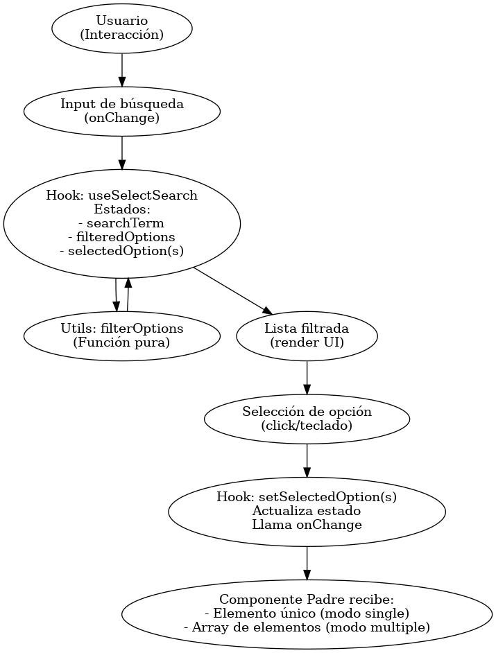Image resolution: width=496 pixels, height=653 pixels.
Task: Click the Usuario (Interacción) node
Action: point(121,28)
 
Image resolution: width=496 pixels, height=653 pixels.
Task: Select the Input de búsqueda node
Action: point(121,111)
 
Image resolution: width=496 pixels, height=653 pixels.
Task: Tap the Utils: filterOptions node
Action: point(121,335)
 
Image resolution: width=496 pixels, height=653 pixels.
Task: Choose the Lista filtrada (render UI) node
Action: point(307,335)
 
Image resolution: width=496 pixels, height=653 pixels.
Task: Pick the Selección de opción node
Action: point(307,419)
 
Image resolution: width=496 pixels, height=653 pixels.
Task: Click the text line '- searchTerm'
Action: point(121,223)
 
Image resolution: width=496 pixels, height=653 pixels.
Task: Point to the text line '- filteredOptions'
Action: point(121,237)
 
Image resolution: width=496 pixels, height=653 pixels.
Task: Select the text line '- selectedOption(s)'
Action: point(121,251)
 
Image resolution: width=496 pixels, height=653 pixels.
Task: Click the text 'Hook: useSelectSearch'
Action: point(121,195)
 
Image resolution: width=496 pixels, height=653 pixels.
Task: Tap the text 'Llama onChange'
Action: point(307,525)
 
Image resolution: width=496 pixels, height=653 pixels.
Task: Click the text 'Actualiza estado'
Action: point(307,511)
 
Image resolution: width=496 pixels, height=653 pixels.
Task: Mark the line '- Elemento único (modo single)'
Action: point(307,613)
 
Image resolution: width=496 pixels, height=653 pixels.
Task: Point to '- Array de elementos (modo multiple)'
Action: point(307,627)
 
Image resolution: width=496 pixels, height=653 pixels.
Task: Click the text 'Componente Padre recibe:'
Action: point(307,599)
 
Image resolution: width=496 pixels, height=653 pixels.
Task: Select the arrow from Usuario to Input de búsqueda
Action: point(121,69)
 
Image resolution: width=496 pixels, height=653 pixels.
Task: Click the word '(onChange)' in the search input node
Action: point(121,118)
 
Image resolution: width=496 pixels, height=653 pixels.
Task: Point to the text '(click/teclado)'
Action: point(307,426)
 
